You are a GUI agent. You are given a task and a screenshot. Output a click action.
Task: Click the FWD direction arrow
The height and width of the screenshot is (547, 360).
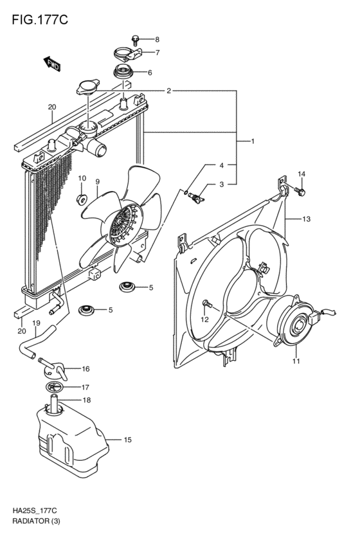52,64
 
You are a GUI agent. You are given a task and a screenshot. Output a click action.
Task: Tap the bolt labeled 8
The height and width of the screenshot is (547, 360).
136,40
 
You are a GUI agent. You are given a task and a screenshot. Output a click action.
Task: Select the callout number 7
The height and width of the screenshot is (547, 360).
157,53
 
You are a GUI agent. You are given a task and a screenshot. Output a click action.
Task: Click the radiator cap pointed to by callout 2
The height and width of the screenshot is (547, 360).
87,87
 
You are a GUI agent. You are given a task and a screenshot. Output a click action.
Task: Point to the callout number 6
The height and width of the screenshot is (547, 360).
150,73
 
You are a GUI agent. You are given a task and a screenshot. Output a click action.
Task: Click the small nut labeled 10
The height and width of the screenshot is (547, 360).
82,199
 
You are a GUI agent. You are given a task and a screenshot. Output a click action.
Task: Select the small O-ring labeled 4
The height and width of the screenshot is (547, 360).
186,191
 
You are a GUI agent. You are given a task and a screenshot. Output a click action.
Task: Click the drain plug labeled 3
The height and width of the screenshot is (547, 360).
197,199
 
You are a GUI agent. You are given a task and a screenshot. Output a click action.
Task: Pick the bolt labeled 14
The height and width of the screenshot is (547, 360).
300,191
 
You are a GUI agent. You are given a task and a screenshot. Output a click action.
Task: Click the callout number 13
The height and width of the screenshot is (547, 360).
306,219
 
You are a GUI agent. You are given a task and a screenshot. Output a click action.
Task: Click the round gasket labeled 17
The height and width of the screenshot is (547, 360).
55,387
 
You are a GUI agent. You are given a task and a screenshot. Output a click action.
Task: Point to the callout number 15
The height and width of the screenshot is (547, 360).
128,440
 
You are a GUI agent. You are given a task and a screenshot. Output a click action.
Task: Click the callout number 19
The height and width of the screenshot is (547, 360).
36,323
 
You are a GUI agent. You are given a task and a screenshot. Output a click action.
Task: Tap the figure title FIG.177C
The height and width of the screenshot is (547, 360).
40,20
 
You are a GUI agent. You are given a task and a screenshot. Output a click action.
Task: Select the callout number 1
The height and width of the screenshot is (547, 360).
253,141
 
